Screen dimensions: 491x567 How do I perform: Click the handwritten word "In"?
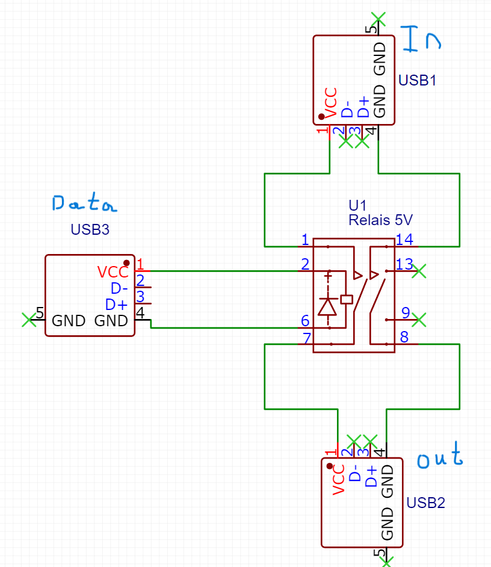tap(421, 39)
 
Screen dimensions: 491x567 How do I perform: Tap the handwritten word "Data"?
tap(84, 202)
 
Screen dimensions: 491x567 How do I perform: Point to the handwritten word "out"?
tap(440, 456)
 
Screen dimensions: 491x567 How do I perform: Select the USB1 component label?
tap(417, 80)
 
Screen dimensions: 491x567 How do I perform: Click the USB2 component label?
tap(425, 503)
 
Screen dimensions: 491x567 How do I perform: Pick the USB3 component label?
tap(90, 229)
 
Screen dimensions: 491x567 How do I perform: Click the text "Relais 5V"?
tap(380, 220)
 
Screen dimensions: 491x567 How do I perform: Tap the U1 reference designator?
tap(357, 205)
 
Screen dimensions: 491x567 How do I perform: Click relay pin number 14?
tap(404, 240)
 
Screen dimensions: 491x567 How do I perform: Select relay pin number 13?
tap(404, 264)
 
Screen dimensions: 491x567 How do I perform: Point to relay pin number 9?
tap(406, 313)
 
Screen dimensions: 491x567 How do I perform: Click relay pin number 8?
tap(404, 337)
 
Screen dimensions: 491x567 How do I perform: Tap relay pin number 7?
tap(307, 338)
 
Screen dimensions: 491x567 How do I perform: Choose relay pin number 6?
tap(305, 321)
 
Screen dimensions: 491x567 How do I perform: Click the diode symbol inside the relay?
tap(327, 307)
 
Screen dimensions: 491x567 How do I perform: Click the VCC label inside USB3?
tap(113, 272)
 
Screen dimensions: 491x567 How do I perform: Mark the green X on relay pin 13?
tap(419, 271)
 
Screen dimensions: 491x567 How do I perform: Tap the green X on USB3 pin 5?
tap(29, 320)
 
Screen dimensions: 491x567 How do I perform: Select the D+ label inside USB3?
tap(116, 305)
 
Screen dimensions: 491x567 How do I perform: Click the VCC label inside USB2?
tap(338, 480)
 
